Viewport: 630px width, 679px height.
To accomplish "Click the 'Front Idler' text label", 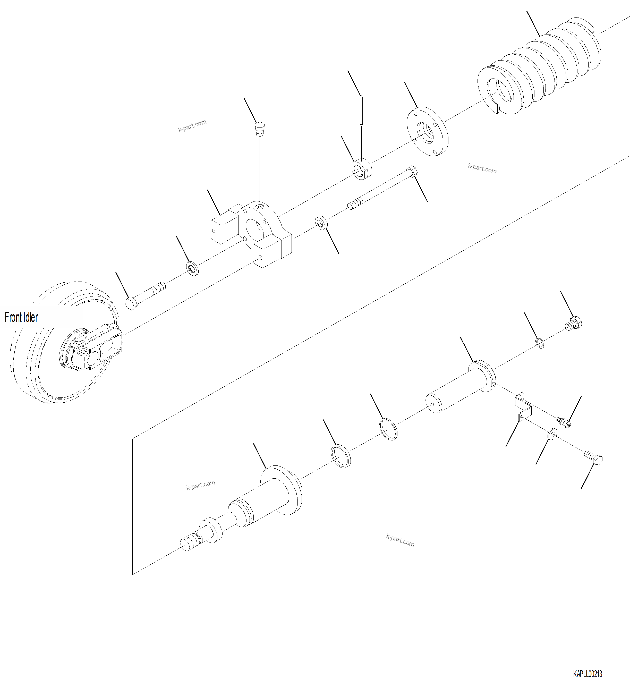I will [21, 317].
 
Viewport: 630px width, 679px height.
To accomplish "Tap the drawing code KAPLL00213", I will [587, 674].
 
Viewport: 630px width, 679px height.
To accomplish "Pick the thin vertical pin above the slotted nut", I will [361, 110].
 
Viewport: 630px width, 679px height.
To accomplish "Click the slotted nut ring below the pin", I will [362, 169].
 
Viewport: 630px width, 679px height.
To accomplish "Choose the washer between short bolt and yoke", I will [193, 269].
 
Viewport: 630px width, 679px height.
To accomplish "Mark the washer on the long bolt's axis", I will [321, 223].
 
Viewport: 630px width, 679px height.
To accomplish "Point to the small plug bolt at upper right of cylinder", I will [574, 322].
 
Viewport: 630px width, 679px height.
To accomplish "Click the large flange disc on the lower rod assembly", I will [281, 491].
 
